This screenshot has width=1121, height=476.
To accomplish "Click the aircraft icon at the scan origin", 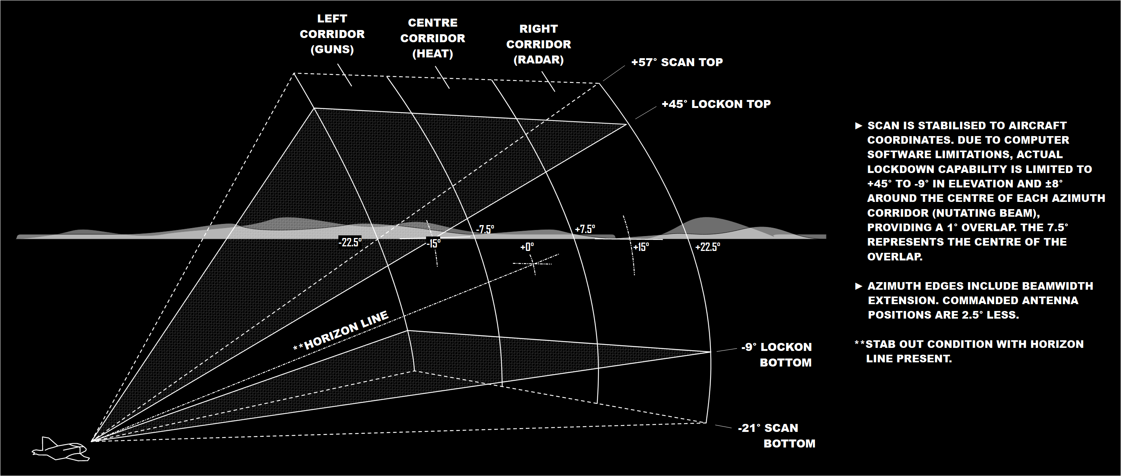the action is click(x=60, y=449).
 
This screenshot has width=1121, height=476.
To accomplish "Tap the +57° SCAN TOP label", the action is click(x=677, y=62).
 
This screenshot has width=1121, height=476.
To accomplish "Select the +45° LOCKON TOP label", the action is click(x=716, y=104).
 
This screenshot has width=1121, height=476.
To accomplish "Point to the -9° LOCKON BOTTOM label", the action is click(x=777, y=355).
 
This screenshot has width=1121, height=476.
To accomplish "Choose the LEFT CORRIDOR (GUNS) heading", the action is click(x=332, y=34).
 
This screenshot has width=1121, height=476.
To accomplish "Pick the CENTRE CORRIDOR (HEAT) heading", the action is click(x=433, y=38).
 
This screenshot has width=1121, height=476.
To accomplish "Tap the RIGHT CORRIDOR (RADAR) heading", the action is click(x=538, y=44).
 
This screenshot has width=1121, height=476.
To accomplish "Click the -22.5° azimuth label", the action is click(x=350, y=243).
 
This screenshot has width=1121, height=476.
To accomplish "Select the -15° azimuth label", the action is click(x=433, y=244).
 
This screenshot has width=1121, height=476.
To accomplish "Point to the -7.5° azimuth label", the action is click(x=485, y=230).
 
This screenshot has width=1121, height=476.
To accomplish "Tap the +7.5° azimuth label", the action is click(x=585, y=229).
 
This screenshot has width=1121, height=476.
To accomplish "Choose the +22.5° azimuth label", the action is click(x=707, y=247).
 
